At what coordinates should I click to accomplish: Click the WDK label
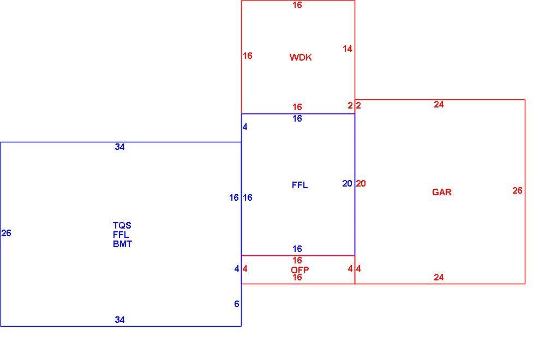pyautogui.click(x=301, y=57)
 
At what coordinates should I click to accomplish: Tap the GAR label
pyautogui.click(x=442, y=192)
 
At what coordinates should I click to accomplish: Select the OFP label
pyautogui.click(x=300, y=270)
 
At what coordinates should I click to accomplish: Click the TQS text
pyautogui.click(x=122, y=225)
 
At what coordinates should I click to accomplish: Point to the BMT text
pyautogui.click(x=122, y=244)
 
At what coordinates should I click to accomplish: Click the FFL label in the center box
pyautogui.click(x=300, y=185)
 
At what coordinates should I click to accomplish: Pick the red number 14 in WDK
pyautogui.click(x=348, y=49)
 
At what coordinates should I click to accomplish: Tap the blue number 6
pyautogui.click(x=237, y=304)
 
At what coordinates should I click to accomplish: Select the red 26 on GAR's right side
pyautogui.click(x=517, y=190)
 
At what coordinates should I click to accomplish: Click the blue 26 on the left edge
pyautogui.click(x=7, y=233)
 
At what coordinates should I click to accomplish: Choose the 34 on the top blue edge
pyautogui.click(x=119, y=147)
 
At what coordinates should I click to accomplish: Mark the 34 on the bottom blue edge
pyautogui.click(x=119, y=320)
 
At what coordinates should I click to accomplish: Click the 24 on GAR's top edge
pyautogui.click(x=439, y=104)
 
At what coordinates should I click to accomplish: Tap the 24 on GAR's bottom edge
pyautogui.click(x=439, y=277)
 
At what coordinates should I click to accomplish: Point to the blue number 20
pyautogui.click(x=347, y=183)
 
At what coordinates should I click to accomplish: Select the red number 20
pyautogui.click(x=361, y=183)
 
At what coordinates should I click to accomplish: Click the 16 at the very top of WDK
pyautogui.click(x=297, y=5)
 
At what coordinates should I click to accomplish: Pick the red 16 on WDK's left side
pyautogui.click(x=247, y=56)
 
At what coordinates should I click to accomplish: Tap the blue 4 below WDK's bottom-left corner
pyautogui.click(x=245, y=127)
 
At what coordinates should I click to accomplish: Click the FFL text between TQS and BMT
pyautogui.click(x=121, y=234)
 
